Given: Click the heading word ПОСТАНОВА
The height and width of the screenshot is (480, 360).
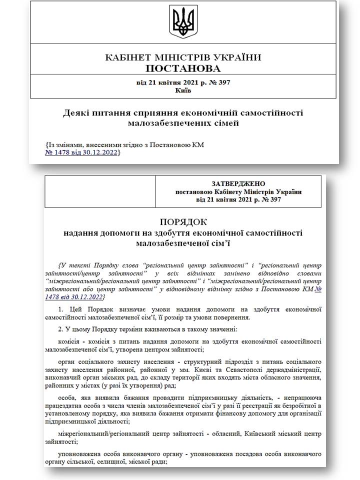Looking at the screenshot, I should click(x=183, y=68).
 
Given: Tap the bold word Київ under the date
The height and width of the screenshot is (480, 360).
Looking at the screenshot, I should click(x=183, y=90).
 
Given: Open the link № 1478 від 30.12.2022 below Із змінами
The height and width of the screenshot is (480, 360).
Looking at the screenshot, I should click(x=83, y=152).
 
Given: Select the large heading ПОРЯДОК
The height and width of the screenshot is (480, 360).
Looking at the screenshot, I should click(x=183, y=222).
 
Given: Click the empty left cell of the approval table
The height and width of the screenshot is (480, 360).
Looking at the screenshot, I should click(x=100, y=191).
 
